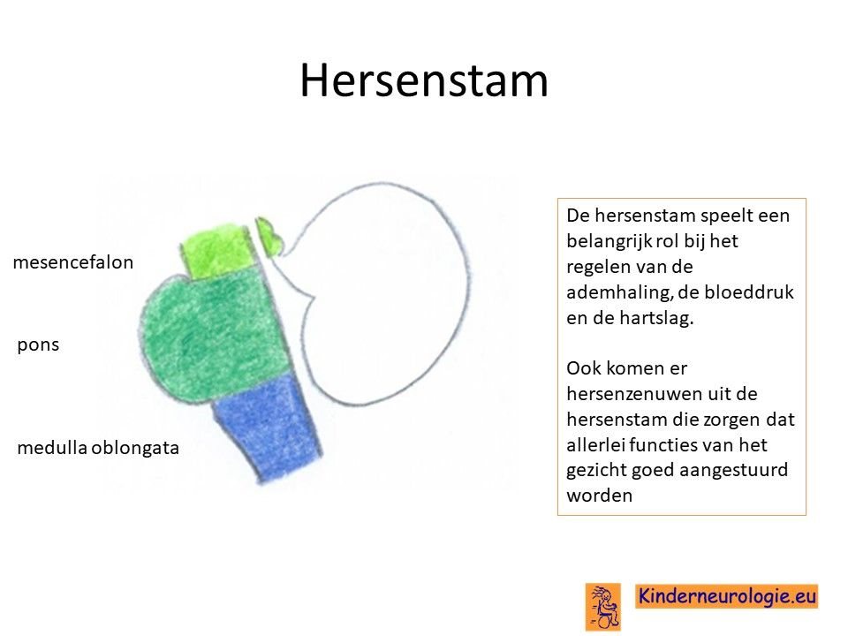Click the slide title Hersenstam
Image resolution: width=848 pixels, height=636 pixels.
tap(424, 80)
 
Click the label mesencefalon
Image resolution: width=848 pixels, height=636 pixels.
tap(73, 262)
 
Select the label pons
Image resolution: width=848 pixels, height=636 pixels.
tap(38, 345)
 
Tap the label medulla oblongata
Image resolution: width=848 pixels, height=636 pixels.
tap(98, 448)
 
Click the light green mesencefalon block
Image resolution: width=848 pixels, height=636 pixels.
tap(218, 249)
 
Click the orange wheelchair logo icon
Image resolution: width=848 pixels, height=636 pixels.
tap(603, 607)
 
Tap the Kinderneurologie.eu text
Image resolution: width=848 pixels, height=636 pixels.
tap(726, 596)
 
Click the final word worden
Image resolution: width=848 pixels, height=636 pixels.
tap(599, 496)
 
